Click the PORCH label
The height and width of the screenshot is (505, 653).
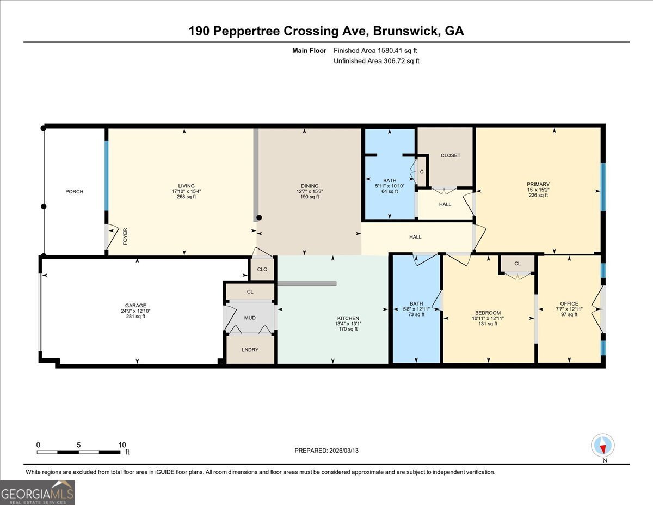75,192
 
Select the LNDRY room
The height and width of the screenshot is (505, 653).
250,350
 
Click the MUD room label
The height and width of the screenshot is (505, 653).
250,317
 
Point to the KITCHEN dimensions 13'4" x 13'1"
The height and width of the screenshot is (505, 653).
348,324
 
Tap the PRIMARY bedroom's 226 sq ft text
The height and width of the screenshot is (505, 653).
538,195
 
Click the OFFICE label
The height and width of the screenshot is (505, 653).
569,303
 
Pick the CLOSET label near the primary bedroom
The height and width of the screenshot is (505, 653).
450,155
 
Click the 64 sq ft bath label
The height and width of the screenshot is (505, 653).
389,191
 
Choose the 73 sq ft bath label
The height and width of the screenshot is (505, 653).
416,314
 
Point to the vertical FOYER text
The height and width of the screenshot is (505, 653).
125,236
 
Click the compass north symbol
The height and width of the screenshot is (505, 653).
603,446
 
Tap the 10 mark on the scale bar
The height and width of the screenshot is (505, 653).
122,445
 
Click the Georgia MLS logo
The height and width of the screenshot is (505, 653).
38,492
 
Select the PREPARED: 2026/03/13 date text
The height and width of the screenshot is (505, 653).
326,451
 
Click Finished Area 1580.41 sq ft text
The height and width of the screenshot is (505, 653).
375,50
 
